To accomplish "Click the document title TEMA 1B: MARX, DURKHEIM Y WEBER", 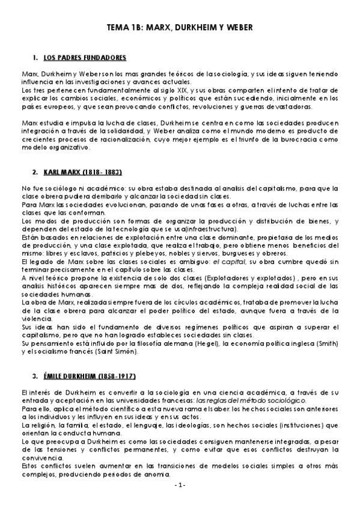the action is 180,28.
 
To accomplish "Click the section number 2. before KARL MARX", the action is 36,171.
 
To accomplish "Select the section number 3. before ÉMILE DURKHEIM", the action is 36,376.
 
